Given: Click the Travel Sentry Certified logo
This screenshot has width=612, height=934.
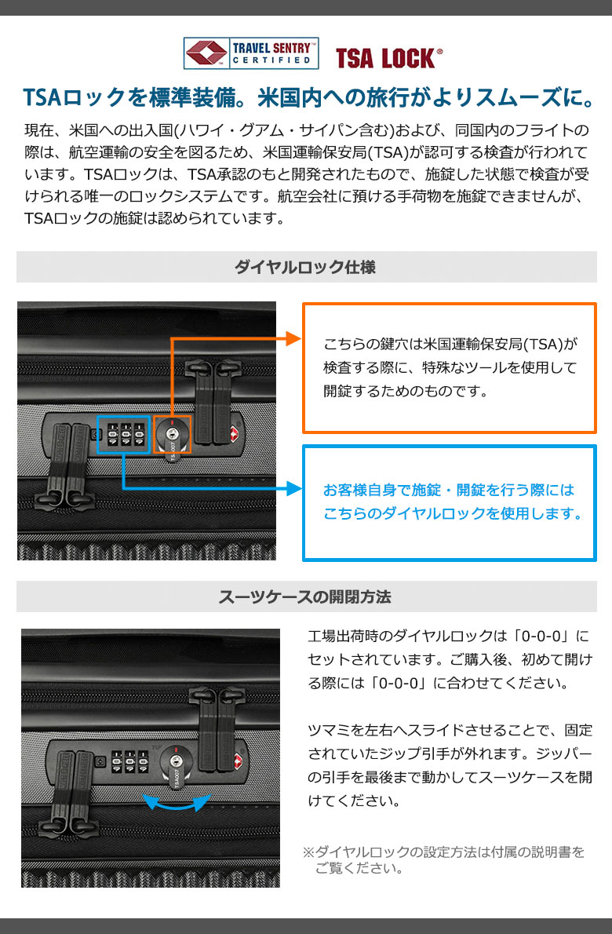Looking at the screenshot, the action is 251,53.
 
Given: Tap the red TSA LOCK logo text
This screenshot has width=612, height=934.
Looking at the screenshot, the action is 388,58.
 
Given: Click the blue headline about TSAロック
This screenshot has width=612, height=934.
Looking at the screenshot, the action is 308,97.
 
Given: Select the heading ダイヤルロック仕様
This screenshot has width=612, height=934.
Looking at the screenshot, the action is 305,267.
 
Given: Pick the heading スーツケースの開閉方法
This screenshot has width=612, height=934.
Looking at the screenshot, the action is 305,597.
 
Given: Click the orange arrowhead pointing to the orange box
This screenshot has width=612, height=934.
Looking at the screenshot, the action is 294,338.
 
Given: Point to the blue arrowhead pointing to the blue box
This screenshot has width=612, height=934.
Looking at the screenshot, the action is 294,488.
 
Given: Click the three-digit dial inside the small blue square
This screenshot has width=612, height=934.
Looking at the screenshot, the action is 124,435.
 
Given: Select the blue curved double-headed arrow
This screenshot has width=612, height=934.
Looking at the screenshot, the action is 177,805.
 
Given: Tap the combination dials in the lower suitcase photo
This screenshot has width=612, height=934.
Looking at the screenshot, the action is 129,762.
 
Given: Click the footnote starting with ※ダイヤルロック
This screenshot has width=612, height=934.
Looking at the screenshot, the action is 444,860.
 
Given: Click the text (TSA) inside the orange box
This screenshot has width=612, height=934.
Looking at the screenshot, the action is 543,345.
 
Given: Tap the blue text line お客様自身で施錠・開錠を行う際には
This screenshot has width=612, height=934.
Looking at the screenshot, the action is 449,490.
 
